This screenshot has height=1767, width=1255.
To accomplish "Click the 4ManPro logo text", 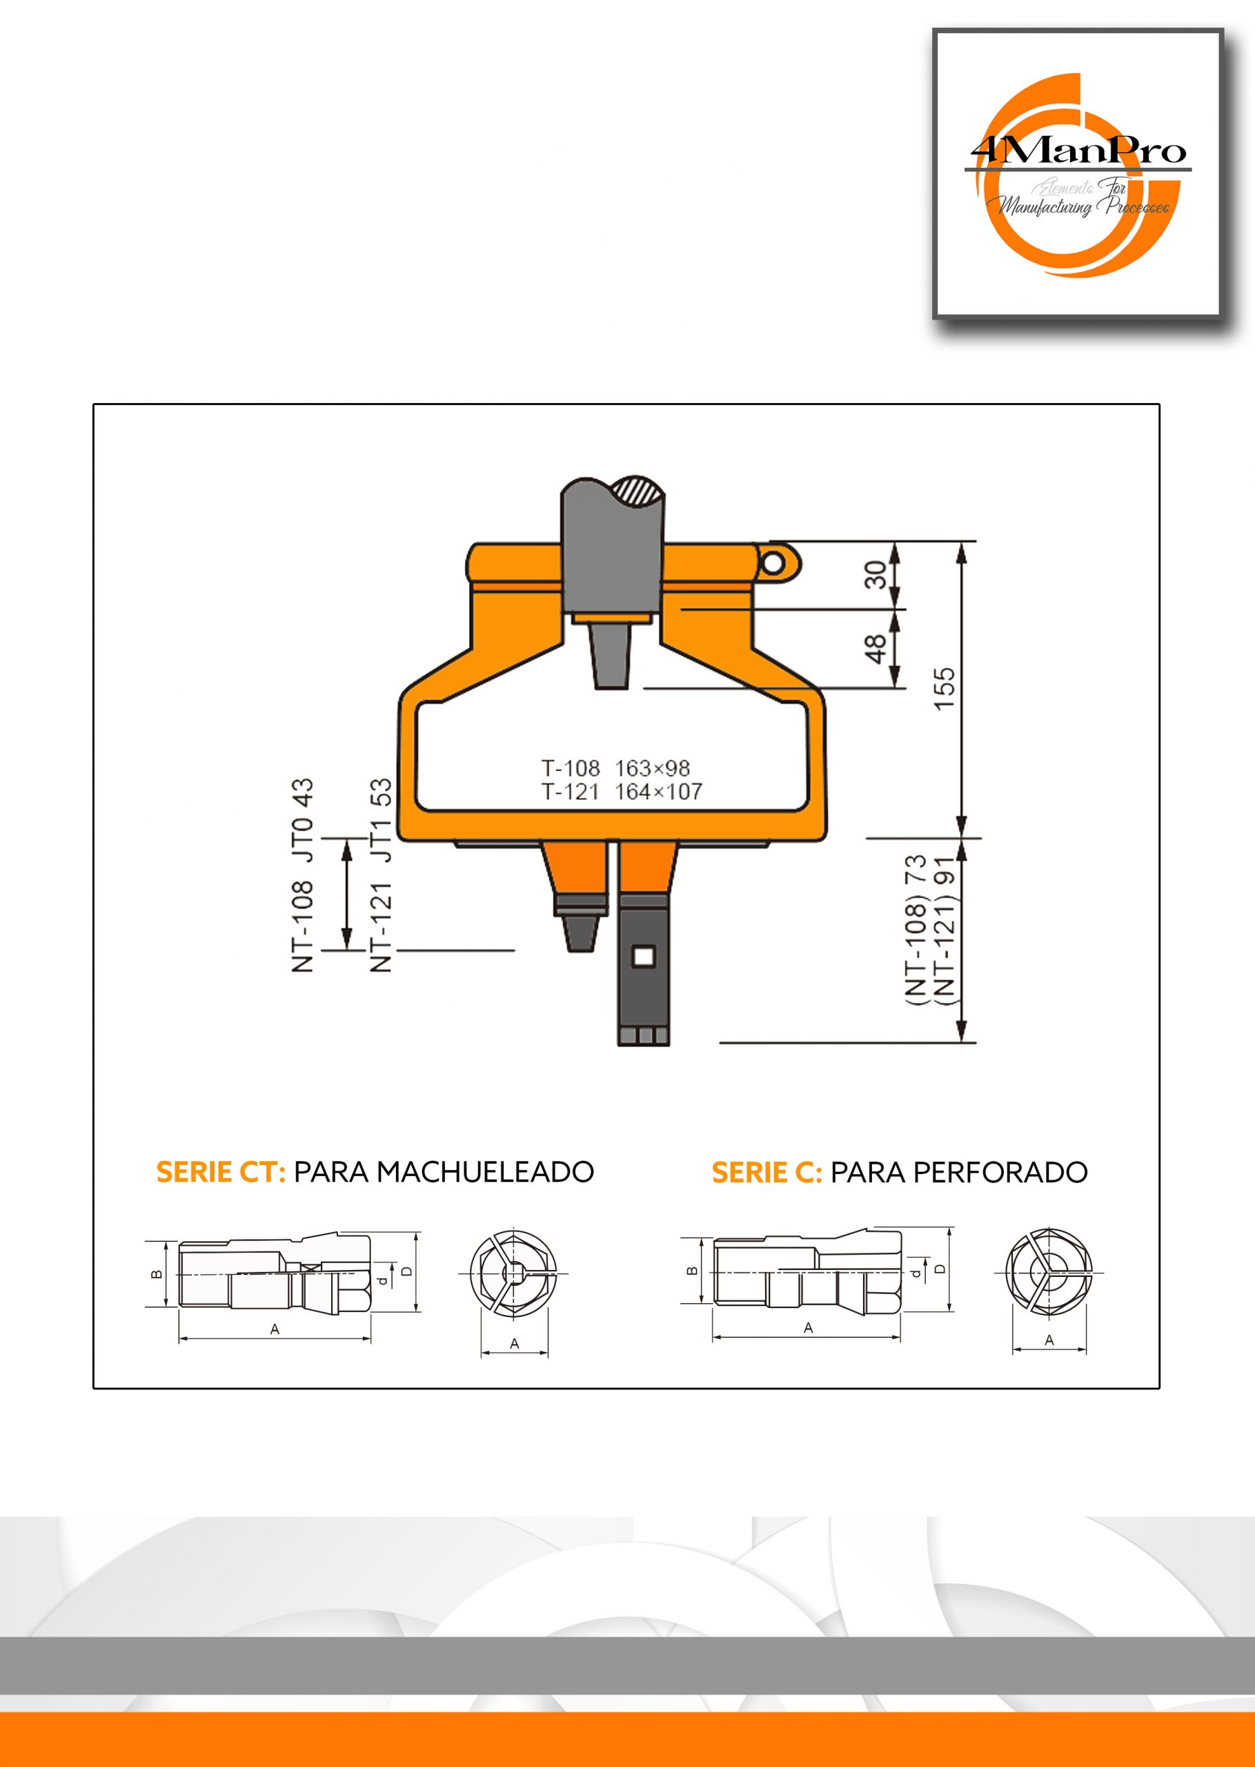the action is coord(1078,150).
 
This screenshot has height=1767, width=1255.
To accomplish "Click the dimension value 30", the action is coord(876,575).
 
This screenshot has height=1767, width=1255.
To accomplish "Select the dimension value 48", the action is coord(876,649).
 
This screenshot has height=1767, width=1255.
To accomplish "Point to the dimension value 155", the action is coord(945,688).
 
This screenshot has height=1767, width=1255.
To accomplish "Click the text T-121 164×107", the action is coord(622,792).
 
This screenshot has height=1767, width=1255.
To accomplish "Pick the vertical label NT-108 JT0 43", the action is coord(302,875).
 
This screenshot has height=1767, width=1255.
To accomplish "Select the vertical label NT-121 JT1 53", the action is coord(381,875).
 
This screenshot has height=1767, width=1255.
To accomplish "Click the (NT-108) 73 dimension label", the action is coord(915,929).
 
